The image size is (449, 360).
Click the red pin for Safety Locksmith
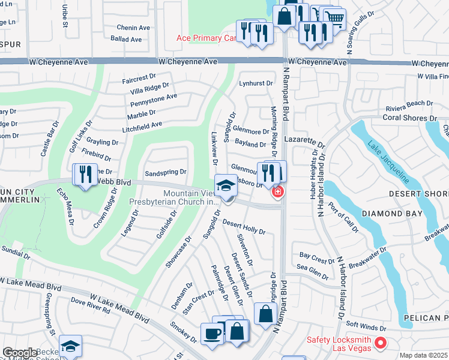pos(379,343)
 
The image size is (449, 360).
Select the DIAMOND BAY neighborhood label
pos(387,213)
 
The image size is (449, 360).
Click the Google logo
pos(20,353)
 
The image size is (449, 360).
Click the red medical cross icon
pos(277,192)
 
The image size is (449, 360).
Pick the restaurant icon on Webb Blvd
pos(84,174)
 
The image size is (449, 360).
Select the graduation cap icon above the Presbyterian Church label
pos(226,185)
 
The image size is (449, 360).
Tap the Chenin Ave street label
pos(133,28)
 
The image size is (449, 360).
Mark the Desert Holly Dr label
pos(244,226)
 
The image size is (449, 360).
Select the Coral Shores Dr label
pos(408,117)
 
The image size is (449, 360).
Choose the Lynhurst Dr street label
pos(256,83)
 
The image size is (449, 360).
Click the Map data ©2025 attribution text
pos(423,355)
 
